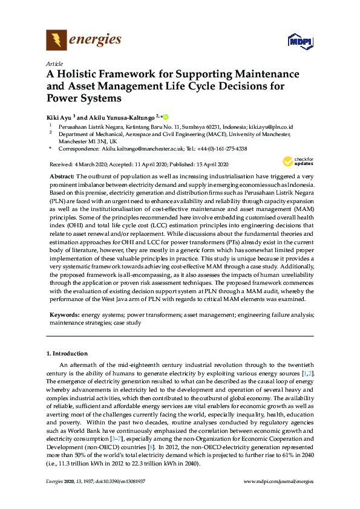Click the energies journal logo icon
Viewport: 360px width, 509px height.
pos(57,41)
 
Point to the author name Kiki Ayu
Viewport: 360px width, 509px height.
pos(59,115)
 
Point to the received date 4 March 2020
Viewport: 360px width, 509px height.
pos(93,164)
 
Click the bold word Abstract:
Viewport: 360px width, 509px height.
pos(62,175)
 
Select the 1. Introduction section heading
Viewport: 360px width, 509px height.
pos(67,352)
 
